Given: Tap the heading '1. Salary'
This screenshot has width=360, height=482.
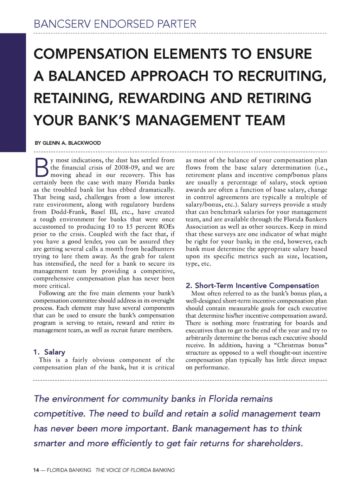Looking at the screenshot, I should coord(49,352).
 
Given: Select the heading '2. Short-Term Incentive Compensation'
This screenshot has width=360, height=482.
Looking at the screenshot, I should coord(252,285).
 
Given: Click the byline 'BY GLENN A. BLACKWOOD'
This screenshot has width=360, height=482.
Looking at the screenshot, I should coord(67,143).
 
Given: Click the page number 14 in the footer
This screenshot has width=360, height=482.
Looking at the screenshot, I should coord(36,470).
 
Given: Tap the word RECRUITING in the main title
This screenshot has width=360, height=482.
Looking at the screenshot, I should coord(280,76).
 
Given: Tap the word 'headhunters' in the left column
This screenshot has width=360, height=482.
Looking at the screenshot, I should coord(157,249).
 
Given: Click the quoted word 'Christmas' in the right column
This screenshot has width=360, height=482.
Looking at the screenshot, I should coord(290,345).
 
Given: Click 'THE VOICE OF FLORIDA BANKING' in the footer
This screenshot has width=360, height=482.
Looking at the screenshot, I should coord(135,470).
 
